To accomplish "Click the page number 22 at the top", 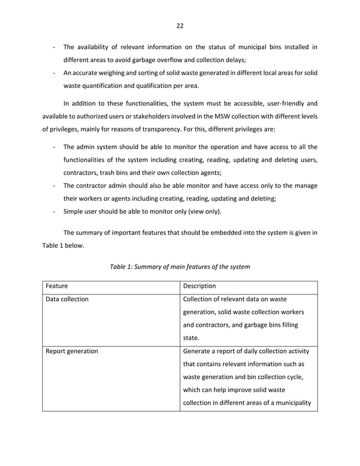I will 180,25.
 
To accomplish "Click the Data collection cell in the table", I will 67,299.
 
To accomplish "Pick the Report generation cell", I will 72,351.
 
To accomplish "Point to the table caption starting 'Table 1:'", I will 180,266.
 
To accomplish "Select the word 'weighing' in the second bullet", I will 114,73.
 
